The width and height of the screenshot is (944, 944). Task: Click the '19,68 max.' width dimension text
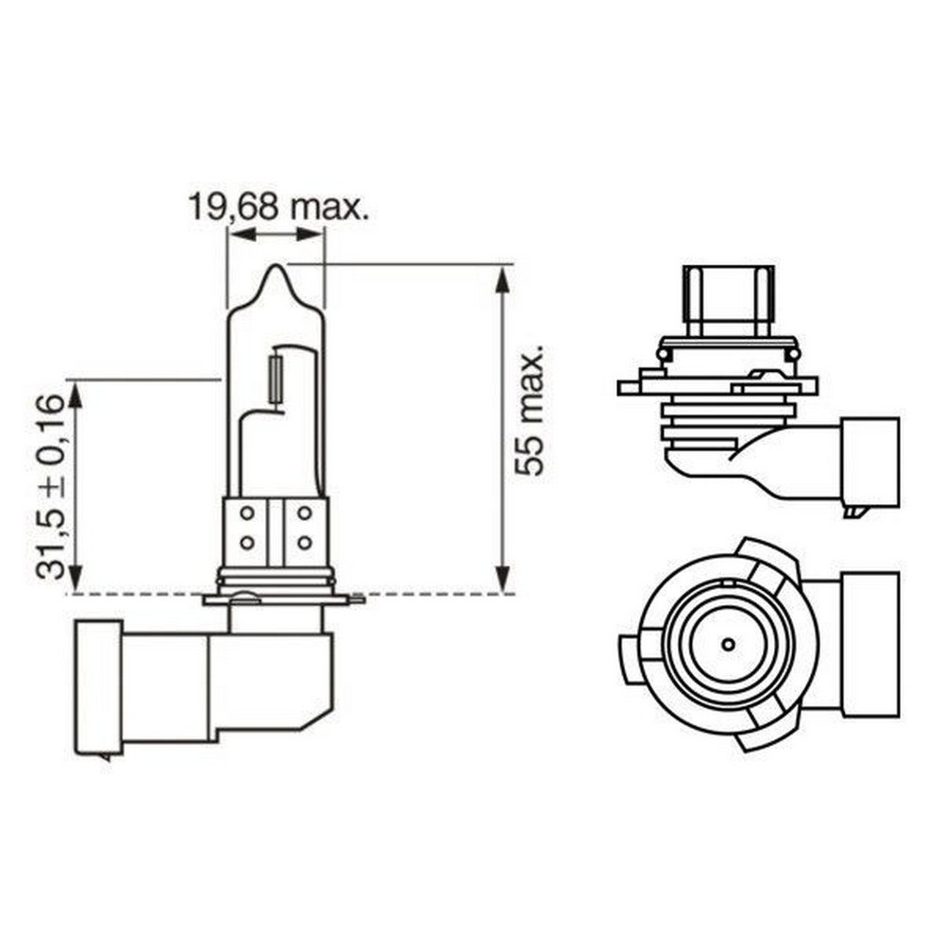tap(277, 206)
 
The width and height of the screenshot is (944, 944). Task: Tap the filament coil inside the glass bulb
tap(276, 379)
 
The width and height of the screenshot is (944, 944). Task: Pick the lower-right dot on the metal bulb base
tap(304, 543)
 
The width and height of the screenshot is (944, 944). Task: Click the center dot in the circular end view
tap(728, 645)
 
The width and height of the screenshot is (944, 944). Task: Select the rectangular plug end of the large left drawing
tap(98, 687)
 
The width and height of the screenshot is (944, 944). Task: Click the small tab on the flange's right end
tap(356, 598)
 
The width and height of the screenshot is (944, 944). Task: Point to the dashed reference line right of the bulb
tap(434, 595)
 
